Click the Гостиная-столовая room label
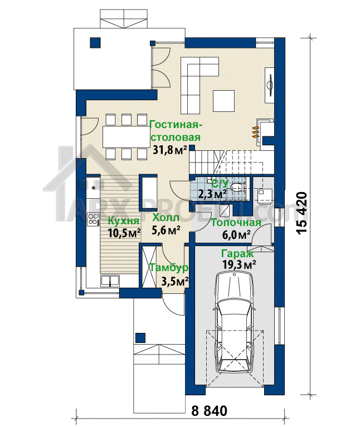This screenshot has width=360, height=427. (x=176, y=131)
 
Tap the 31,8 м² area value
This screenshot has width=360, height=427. (x=170, y=150)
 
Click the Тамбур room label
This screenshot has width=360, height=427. (x=169, y=267)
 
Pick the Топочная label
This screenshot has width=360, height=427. (x=236, y=223)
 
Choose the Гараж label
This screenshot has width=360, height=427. (x=237, y=254)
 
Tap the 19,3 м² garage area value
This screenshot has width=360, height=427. (x=239, y=264)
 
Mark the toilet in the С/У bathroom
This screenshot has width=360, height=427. (x=237, y=187)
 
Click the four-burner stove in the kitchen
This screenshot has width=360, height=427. (x=93, y=219)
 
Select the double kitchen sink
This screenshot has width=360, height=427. (x=110, y=281)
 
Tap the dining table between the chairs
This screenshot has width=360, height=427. (x=125, y=136)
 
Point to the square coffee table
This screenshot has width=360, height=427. (x=223, y=101)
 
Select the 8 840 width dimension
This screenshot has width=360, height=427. (x=210, y=411)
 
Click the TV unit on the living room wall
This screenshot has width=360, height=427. (x=270, y=85)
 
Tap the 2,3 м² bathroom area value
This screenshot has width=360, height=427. (x=212, y=194)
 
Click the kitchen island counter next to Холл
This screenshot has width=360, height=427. (x=149, y=193)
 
